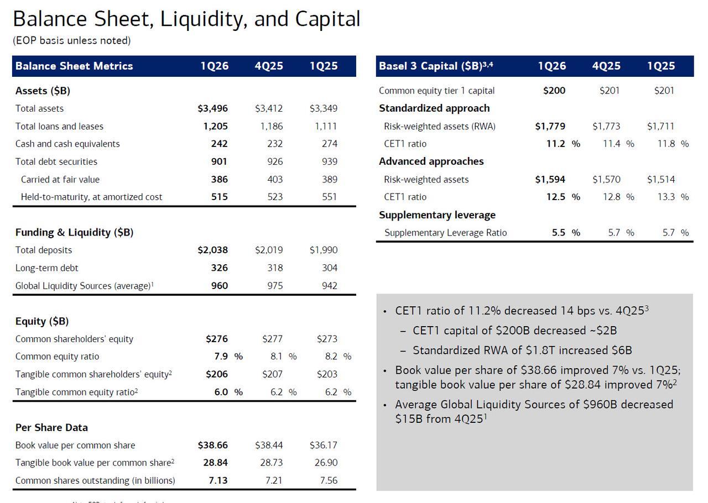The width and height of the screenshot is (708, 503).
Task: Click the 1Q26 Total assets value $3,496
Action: pos(212,109)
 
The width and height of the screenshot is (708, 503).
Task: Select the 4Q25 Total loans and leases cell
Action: pos(271,127)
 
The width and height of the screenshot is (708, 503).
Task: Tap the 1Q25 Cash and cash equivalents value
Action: pos(329,144)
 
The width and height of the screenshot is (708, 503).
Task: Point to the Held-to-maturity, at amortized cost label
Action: pos(91,197)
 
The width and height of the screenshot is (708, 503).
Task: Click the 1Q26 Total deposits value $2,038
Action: pos(212,250)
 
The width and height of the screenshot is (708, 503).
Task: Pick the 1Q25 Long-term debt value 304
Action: pos(329,268)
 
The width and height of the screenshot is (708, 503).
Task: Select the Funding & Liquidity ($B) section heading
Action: pos(74,233)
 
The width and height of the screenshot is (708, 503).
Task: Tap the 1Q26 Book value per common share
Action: pos(212,446)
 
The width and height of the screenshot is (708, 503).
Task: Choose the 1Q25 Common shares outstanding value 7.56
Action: pos(329,481)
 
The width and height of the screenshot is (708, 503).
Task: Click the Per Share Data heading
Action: pos(51,428)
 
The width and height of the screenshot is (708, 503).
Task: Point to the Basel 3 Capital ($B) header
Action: pos(435,66)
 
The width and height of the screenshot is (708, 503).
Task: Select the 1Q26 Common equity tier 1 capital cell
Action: pos(554,91)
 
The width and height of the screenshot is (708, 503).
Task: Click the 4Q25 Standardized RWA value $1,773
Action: pos(606,127)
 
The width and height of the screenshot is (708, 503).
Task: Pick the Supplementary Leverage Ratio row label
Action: pos(445,233)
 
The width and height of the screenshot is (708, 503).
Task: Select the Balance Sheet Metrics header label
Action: pos(74,66)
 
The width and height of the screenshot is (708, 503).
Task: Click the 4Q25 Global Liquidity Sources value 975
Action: pos(275,286)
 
